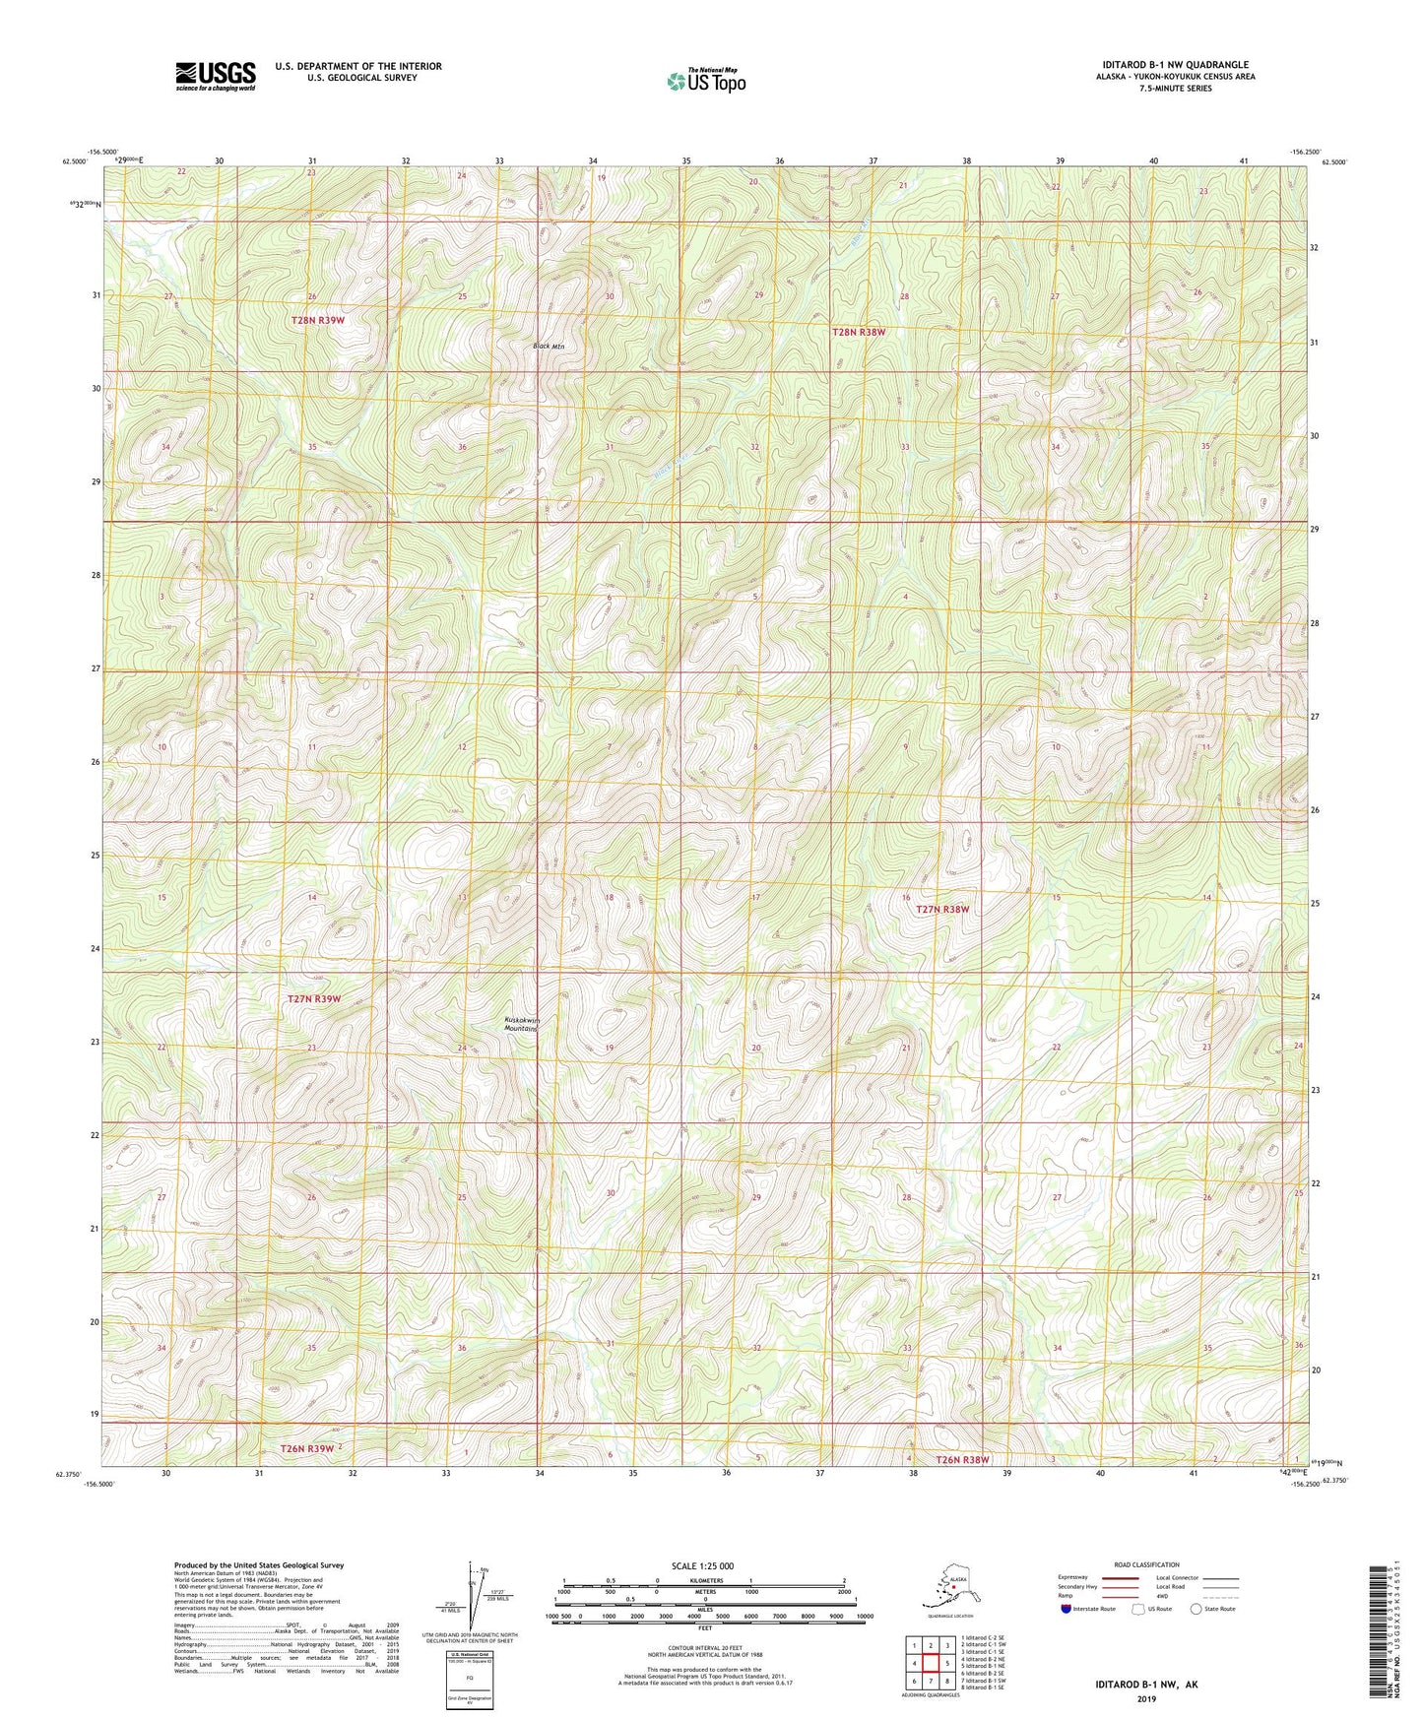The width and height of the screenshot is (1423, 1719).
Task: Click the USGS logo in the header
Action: pos(215,76)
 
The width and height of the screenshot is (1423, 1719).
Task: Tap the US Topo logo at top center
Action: pos(705,81)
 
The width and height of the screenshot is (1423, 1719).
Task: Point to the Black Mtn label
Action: pos(549,347)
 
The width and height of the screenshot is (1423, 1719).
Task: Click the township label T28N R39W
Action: pos(318,321)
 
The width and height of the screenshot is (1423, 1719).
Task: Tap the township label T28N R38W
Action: pos(859,333)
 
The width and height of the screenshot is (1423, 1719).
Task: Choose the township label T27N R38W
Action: pos(942,910)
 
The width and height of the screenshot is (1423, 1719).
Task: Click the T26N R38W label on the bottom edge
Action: pos(962,1460)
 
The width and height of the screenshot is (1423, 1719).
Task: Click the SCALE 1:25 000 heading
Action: pos(701,1565)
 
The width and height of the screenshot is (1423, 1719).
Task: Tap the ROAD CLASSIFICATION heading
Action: pos(1146,1564)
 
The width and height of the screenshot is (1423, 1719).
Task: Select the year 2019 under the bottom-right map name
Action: pos(1145,1698)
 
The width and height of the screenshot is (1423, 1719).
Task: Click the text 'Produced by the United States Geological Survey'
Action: pos(259,1565)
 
